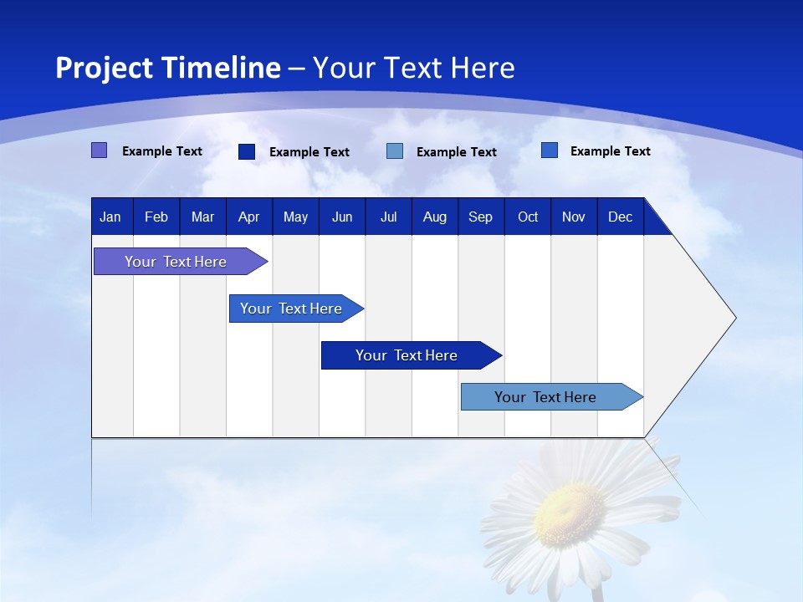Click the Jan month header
click(110, 217)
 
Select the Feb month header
click(156, 217)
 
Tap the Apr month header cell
click(248, 217)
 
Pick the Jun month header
click(342, 217)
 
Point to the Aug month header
click(435, 217)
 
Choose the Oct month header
click(528, 217)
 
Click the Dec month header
click(621, 217)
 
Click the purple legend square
click(100, 150)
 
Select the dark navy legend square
click(247, 151)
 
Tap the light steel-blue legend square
click(395, 151)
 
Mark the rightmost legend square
click(550, 150)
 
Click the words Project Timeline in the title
click(167, 68)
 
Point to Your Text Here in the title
click(413, 68)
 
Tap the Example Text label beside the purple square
click(162, 151)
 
